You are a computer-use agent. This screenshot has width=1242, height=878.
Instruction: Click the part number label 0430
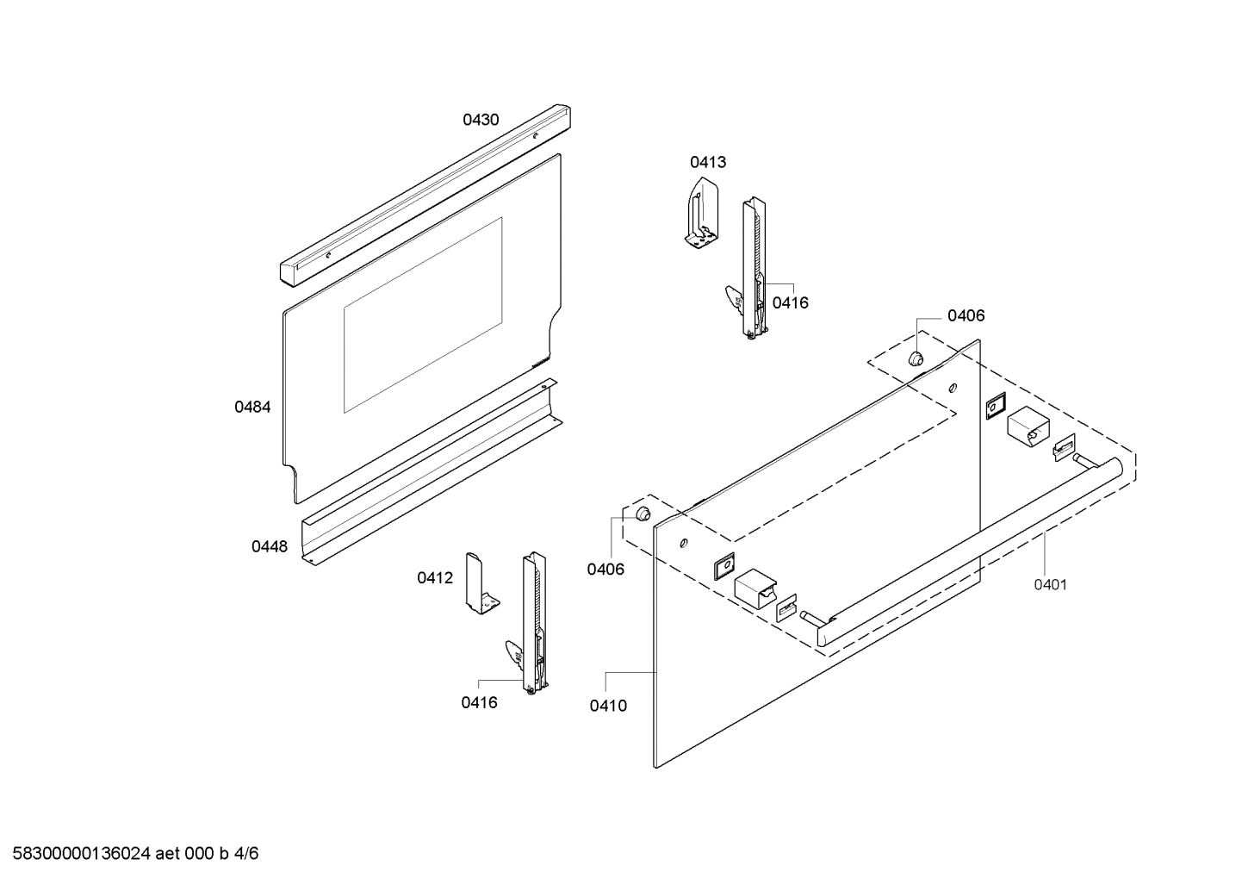[x=481, y=120]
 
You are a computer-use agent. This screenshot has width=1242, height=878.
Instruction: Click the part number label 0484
[x=252, y=407]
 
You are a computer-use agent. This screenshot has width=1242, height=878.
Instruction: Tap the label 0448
[x=270, y=546]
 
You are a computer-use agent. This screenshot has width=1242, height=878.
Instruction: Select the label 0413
[x=707, y=162]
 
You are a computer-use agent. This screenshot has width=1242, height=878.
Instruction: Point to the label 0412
[x=435, y=578]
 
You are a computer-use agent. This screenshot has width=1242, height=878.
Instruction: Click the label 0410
[x=608, y=706]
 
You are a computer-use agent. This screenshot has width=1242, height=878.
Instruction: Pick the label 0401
[x=1050, y=584]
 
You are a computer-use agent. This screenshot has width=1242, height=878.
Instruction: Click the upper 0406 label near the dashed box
[x=966, y=315]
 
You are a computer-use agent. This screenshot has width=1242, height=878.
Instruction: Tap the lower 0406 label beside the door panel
[x=605, y=569]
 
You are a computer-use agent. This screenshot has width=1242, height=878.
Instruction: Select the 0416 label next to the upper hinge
[x=790, y=302]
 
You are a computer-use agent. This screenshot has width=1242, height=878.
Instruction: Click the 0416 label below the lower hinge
[x=479, y=702]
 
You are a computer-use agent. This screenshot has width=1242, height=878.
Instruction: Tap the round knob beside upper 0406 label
[x=916, y=358]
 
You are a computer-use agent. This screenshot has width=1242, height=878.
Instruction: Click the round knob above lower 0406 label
[x=642, y=514]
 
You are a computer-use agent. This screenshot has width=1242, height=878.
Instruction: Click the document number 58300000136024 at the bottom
[x=82, y=854]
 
